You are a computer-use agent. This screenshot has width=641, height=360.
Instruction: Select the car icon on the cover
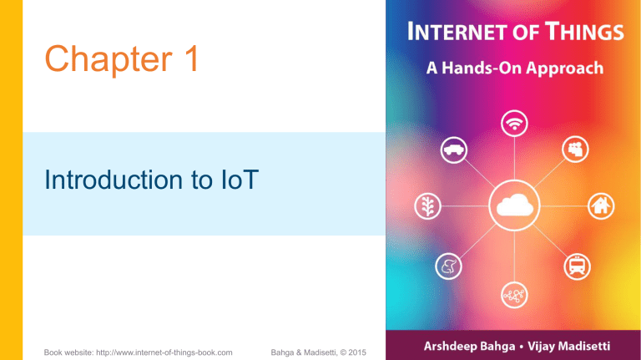[x=453, y=150]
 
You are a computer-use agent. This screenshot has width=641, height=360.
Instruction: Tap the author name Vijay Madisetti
[x=573, y=342]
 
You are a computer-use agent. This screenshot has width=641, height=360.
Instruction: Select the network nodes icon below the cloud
[x=512, y=293]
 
